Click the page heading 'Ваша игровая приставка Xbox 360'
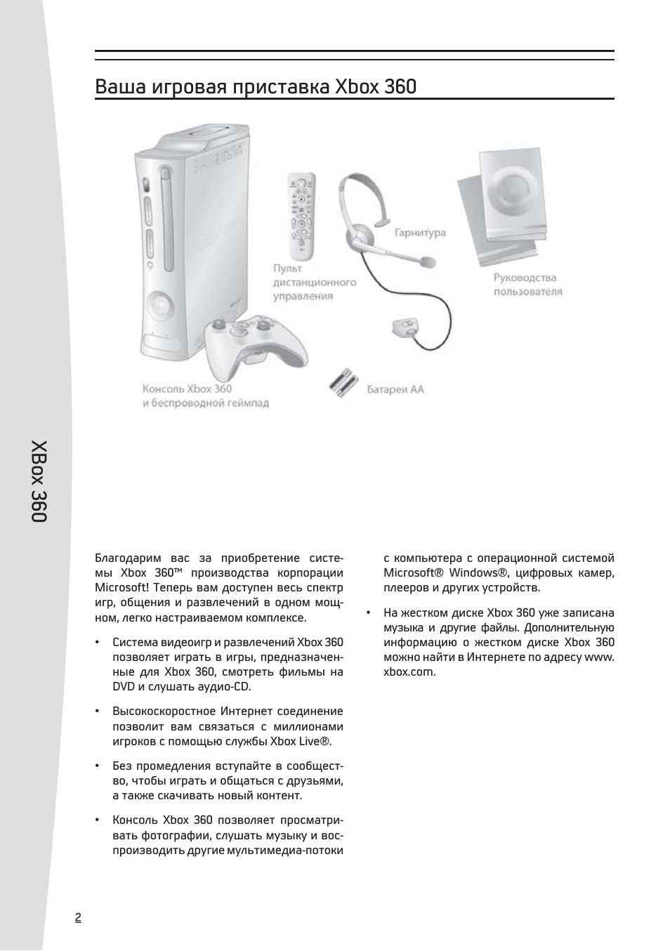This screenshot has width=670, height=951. (256, 86)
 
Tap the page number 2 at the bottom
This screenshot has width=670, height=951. (78, 918)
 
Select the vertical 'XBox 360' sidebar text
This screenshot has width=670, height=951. (39, 481)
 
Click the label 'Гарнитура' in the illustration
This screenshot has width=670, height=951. (420, 232)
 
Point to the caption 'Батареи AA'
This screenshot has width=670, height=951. (395, 389)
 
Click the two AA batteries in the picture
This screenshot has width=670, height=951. (343, 383)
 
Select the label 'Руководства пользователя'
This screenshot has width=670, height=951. (527, 284)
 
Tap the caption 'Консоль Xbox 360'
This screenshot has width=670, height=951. (187, 388)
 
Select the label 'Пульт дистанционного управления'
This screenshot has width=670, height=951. (314, 282)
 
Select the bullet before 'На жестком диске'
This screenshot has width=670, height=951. (368, 612)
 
